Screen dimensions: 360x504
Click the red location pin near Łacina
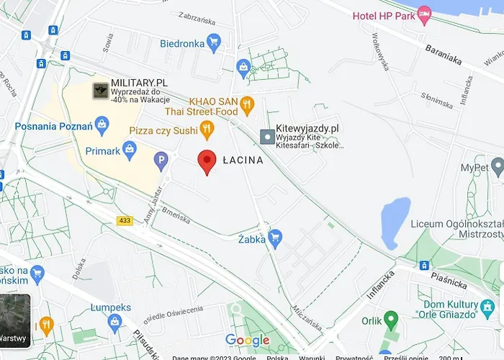(x=207, y=161)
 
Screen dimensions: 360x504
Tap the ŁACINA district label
(x=243, y=161)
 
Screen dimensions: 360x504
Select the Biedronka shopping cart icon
(x=213, y=43)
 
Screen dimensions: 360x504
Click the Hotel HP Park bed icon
(x=424, y=14)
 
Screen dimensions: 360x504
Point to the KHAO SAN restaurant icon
(x=247, y=104)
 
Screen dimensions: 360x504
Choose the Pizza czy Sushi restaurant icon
(x=207, y=130)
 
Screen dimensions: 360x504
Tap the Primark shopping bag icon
(x=130, y=150)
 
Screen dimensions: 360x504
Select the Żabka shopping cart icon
(x=274, y=236)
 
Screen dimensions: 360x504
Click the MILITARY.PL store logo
(x=100, y=91)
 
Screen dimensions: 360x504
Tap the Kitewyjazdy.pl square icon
(x=267, y=135)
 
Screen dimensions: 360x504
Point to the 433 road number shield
(x=125, y=220)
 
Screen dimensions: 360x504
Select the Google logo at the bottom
(x=247, y=340)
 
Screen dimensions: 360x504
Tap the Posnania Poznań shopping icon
(x=102, y=127)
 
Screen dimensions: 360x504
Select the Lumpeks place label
(x=111, y=307)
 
